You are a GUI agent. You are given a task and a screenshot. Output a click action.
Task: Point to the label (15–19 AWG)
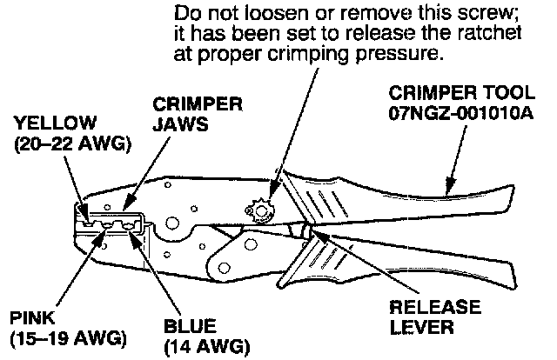[66, 337]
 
